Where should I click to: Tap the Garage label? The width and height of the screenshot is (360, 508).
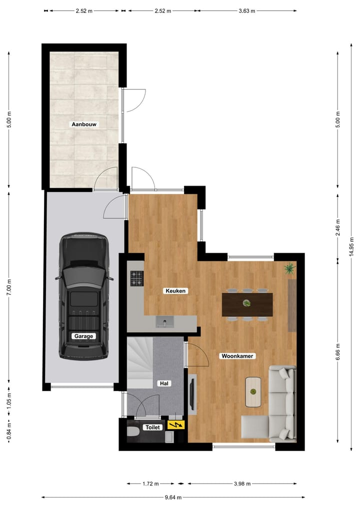tap(83, 336)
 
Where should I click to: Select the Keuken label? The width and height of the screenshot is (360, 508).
tap(176, 290)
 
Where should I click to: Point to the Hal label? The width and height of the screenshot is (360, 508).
tap(163, 383)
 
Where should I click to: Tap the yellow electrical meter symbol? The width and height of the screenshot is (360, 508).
tap(175, 425)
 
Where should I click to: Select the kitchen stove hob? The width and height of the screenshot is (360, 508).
tap(137, 278)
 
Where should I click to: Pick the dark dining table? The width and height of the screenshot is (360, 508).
tap(247, 304)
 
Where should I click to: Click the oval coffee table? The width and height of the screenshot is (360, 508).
tap(253, 391)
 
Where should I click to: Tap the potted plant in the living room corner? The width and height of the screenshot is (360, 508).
tap(289, 270)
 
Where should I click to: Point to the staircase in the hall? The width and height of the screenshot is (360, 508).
tap(140, 362)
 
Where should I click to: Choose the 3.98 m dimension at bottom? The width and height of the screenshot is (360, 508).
tap(242, 484)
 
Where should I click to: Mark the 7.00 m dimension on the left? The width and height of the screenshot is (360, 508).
tap(8, 287)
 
